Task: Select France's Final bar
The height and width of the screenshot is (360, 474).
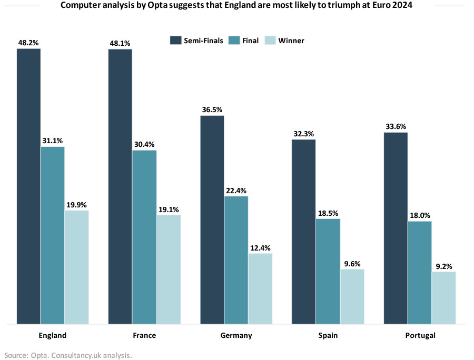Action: [x=144, y=237]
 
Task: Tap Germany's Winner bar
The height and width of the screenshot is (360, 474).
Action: [x=260, y=288]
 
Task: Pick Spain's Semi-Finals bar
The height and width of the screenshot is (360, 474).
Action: [x=303, y=232]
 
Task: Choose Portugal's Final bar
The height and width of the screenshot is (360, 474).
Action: [x=419, y=272]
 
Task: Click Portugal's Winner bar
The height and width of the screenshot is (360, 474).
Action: [x=443, y=297]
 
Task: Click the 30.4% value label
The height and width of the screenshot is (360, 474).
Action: [x=144, y=145]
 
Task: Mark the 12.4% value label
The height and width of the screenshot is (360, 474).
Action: [x=260, y=248]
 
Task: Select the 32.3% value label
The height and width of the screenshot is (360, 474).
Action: [x=303, y=134]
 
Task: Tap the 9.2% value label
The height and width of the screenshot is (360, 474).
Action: [x=443, y=266]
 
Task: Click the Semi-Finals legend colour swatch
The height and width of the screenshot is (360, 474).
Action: [x=175, y=41]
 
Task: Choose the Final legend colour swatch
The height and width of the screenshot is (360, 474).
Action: [x=233, y=41]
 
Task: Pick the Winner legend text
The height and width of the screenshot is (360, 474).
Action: [x=292, y=41]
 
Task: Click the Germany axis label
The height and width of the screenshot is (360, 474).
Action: [x=236, y=335]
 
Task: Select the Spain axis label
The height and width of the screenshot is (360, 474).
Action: [x=328, y=335]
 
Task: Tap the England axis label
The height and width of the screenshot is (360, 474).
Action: [x=53, y=335]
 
